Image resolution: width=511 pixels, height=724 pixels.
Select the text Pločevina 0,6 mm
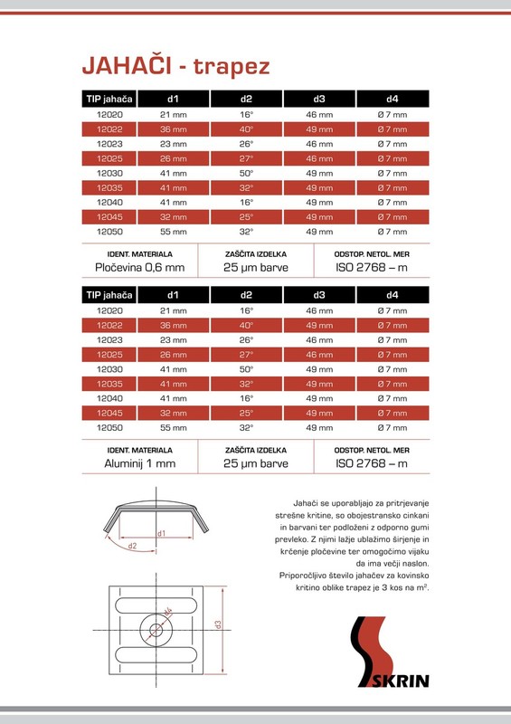click(139, 267)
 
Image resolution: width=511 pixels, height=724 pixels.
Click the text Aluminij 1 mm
click(139, 462)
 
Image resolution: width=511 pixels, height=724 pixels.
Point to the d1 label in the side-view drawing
click(161, 534)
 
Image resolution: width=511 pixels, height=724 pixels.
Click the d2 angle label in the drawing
click(131, 546)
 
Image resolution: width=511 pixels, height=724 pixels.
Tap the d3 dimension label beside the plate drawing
click(219, 624)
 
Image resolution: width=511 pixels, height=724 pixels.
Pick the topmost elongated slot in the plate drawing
click(157, 602)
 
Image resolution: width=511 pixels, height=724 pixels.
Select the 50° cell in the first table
click(247, 173)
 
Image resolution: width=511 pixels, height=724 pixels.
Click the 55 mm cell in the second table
click(173, 427)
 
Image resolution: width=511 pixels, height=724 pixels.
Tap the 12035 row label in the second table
click(109, 384)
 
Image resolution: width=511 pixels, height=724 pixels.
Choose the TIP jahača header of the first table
click(109, 100)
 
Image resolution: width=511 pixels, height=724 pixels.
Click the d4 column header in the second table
click(393, 295)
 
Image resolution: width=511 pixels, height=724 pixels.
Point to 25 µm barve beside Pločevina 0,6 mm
click(256, 267)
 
